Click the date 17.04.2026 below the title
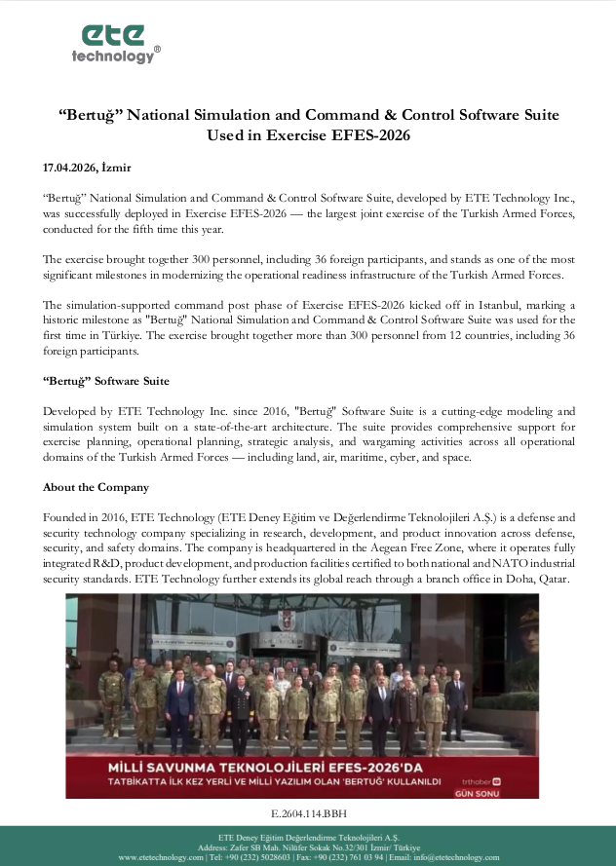(70, 167)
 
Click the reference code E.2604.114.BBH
(308, 812)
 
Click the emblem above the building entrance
(289, 625)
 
